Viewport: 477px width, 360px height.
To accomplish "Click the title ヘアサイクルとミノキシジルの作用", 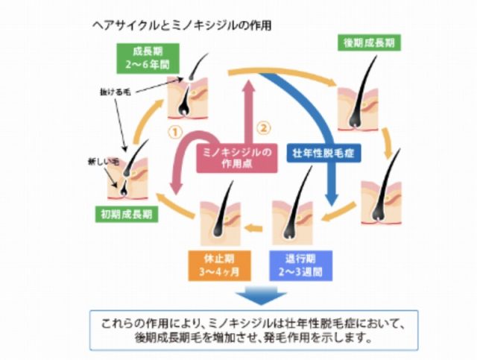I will [x=180, y=24].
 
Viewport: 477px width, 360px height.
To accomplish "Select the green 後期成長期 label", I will [x=369, y=42].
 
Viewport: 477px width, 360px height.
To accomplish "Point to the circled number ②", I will [x=262, y=127].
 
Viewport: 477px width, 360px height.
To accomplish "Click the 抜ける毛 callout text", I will [x=116, y=92].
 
